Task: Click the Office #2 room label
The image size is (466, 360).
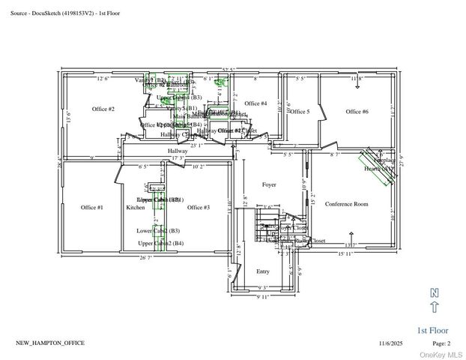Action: (103, 109)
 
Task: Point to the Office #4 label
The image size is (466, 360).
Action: (255, 103)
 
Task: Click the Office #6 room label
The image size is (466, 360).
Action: (357, 112)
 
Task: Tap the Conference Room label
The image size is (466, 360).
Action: (346, 204)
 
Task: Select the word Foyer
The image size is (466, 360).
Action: (269, 184)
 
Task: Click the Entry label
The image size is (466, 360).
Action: (263, 271)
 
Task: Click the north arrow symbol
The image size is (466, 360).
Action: (435, 300)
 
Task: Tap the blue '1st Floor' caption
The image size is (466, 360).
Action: (432, 330)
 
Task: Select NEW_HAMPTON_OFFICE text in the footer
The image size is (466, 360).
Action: (50, 343)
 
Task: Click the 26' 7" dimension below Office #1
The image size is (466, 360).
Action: (145, 257)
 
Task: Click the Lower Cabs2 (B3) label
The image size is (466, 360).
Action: (158, 231)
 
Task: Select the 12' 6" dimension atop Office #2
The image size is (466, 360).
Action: (103, 78)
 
